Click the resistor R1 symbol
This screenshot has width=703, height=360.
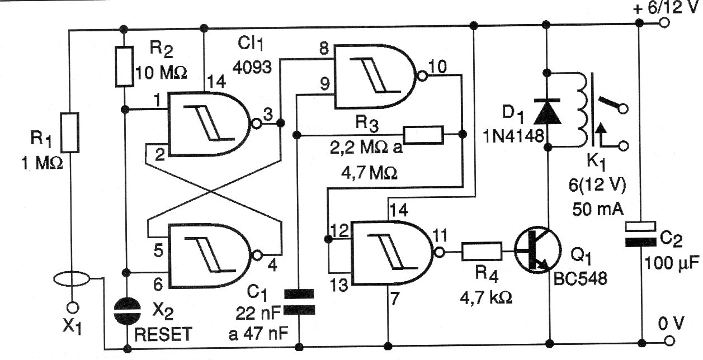[70, 132]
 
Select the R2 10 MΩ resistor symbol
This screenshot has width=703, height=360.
[125, 66]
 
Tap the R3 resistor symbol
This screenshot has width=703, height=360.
[423, 135]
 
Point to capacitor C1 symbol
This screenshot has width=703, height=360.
[300, 301]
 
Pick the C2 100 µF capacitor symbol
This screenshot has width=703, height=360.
[640, 234]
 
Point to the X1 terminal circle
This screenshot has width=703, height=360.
[72, 307]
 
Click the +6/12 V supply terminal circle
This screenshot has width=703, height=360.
[664, 23]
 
